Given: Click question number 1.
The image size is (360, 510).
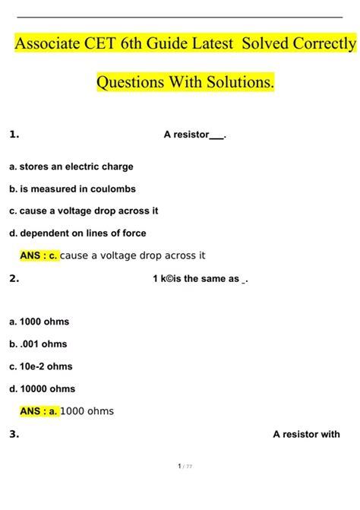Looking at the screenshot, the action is tap(14, 135).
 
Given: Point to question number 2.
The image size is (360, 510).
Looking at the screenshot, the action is tap(14, 278).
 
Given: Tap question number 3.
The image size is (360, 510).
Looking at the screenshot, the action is tap(14, 435).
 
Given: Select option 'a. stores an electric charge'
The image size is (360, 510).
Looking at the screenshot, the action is tap(71, 166).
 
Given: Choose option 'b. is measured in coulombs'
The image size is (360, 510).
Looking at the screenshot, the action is tap(72, 188).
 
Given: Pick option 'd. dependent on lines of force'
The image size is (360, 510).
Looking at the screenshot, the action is tap(77, 233).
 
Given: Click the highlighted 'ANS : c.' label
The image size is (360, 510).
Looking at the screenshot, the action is tap(39, 256).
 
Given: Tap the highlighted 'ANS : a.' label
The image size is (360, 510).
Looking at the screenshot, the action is tap(39, 411).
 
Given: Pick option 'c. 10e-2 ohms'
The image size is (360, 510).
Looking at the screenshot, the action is tap(41, 366).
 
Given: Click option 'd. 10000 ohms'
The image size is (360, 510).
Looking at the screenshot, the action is tap(43, 389).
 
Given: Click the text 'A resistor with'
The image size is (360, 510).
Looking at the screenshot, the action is tap(306, 435).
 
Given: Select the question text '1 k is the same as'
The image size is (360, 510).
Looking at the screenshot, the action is tap(201, 279).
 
